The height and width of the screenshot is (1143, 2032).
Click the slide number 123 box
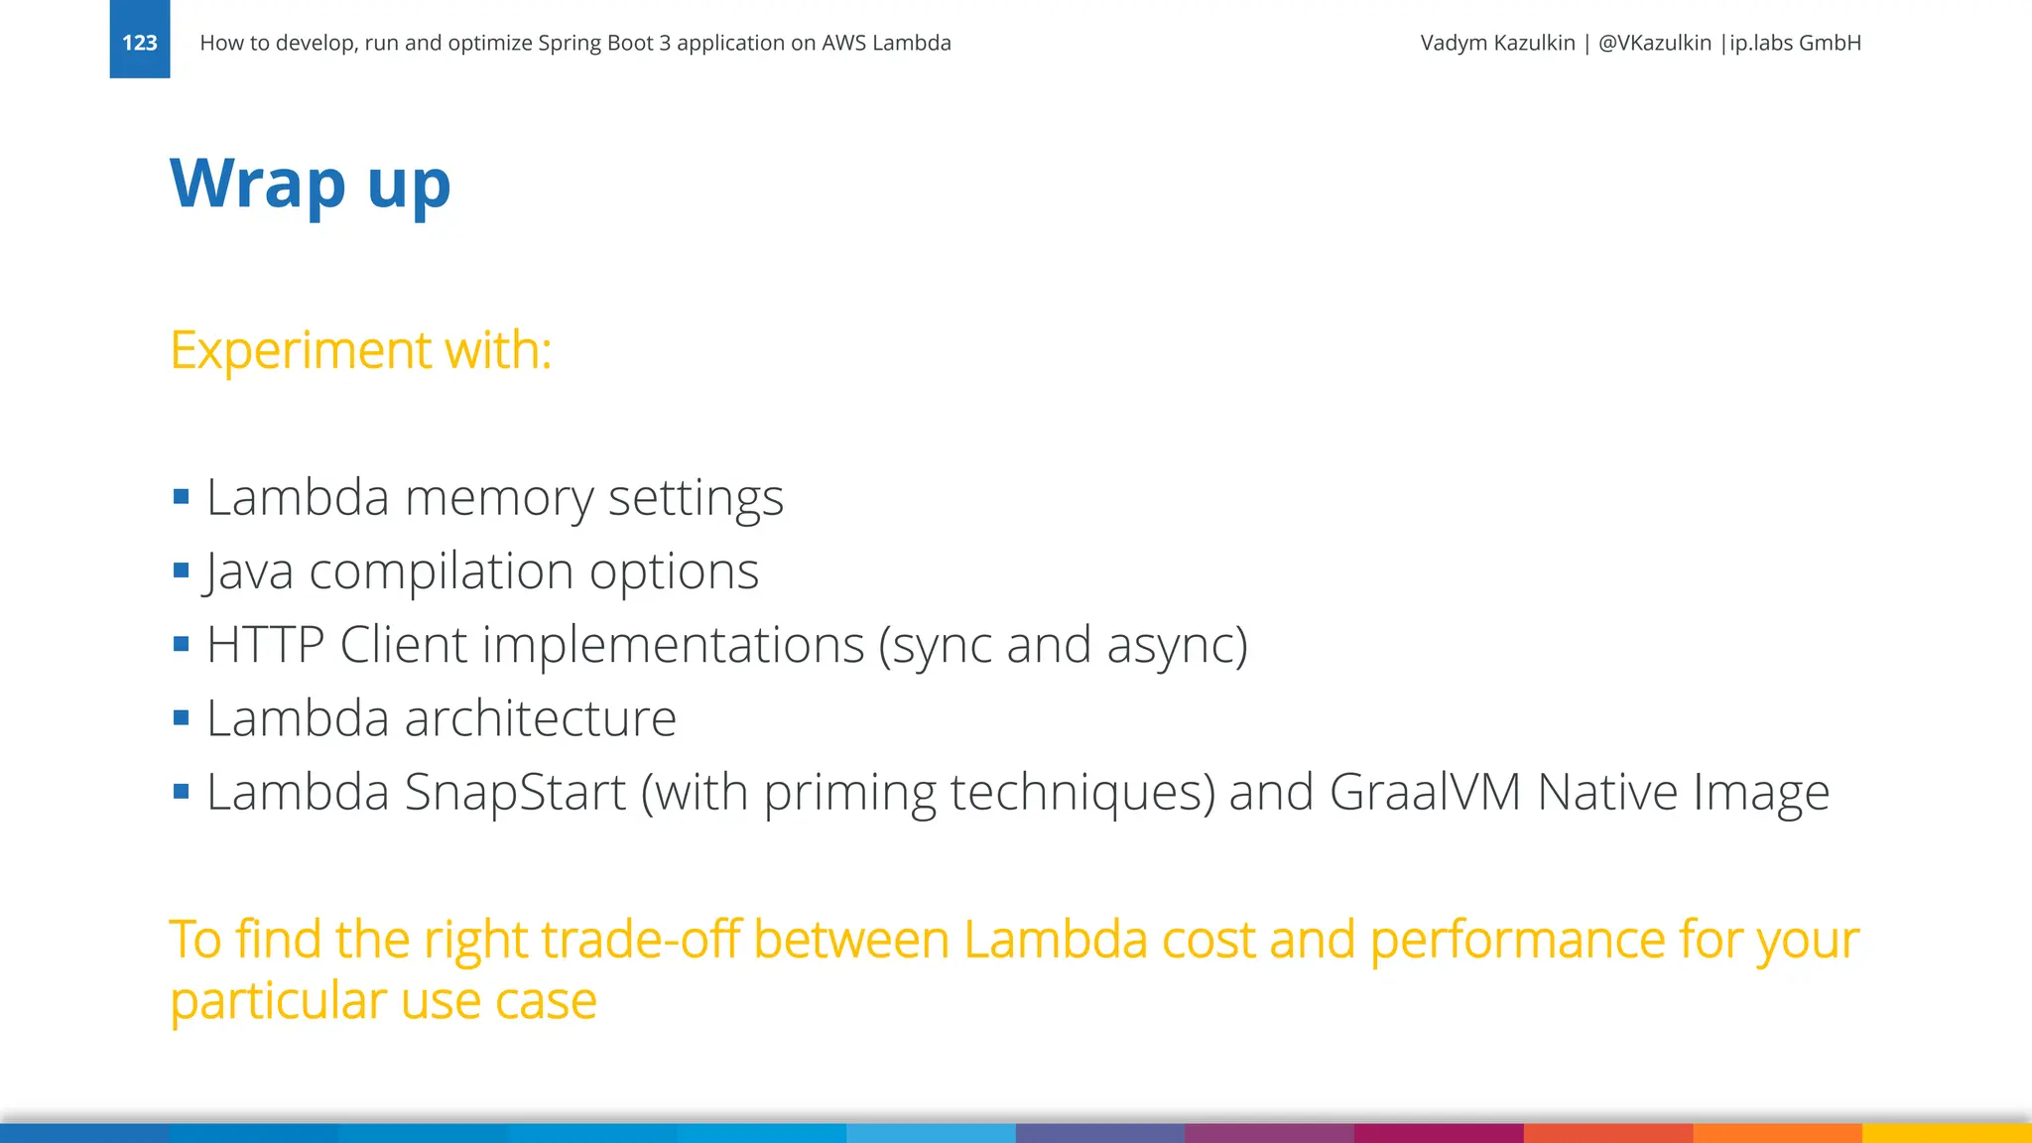tap(139, 40)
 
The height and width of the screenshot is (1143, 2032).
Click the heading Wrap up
tap(310, 185)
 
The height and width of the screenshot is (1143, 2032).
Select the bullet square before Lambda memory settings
tap(181, 497)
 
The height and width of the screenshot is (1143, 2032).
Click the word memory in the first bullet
tap(498, 497)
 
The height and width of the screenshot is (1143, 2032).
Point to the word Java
tap(248, 571)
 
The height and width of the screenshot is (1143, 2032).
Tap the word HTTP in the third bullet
tap(265, 645)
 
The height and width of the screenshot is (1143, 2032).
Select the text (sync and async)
tap(1063, 645)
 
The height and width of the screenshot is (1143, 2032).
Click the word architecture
tap(540, 718)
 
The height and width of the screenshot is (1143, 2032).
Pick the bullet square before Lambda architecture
tap(181, 717)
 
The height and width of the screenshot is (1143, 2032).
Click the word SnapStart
tap(515, 792)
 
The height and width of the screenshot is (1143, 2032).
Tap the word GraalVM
tap(1425, 792)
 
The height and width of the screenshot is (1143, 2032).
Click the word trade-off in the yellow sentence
tap(581, 939)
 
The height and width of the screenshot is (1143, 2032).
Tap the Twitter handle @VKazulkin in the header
tap(1654, 43)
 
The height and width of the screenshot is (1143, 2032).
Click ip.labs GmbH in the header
tap(1795, 43)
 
